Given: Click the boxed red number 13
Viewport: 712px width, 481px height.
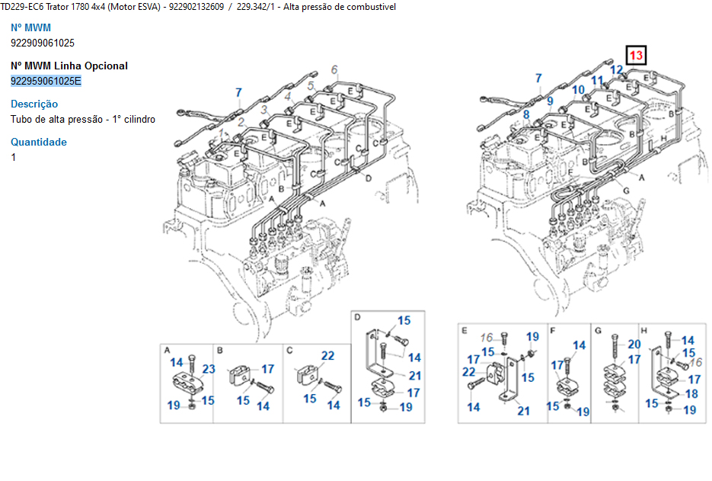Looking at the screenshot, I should point(636,56).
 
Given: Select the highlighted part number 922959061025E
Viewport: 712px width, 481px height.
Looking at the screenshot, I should point(46,81).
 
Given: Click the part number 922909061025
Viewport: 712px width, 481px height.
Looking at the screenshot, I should point(43,43).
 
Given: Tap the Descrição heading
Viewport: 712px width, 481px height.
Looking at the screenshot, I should point(34,104).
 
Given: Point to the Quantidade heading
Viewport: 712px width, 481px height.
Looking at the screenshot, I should point(39,142).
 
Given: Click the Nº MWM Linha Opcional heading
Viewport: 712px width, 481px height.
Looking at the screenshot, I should point(69,66).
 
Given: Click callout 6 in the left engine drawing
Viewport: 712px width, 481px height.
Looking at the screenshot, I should point(334,71).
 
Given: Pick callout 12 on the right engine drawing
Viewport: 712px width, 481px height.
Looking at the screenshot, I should point(618,71).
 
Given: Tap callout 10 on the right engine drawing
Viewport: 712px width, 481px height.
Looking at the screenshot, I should point(578,90).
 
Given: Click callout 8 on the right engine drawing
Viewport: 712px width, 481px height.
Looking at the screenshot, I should point(525,115).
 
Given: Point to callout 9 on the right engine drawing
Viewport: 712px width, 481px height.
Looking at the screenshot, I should point(549,99).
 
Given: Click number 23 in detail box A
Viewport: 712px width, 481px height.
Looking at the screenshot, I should point(209,370).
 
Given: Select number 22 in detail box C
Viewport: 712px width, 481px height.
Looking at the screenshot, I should point(327,356).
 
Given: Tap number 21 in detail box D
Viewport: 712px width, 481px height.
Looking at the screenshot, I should point(414,376).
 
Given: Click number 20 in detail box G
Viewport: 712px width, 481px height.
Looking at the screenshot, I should point(634,345).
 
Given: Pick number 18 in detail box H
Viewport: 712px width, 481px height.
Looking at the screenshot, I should point(691,394).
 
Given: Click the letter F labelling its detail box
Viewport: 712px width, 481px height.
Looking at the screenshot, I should point(552,330).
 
